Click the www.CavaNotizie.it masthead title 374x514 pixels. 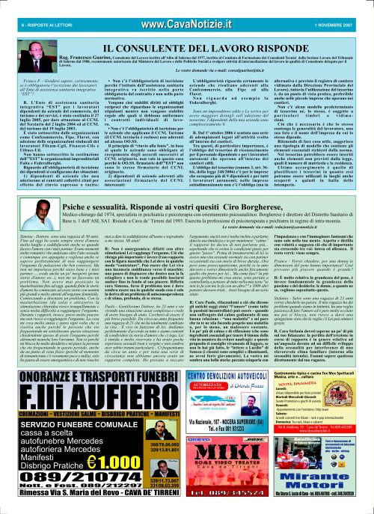point(186,7)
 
